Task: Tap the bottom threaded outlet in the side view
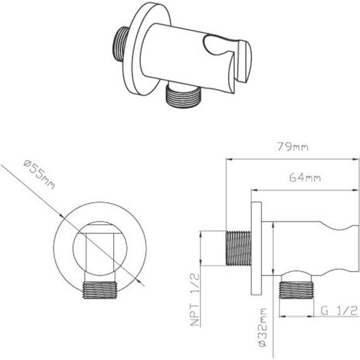[297, 291]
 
